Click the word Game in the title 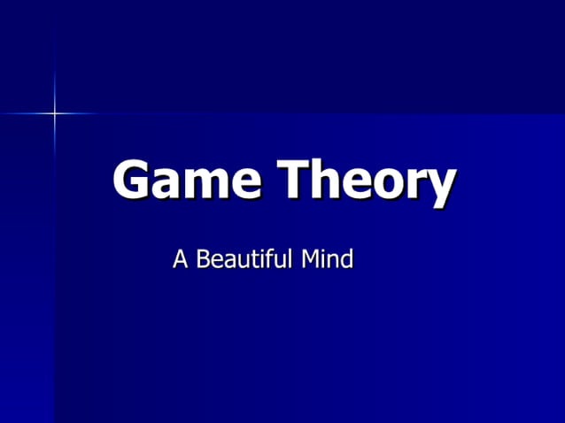point(187,180)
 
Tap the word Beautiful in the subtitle point(244,259)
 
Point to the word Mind point(328,259)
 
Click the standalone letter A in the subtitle point(181,259)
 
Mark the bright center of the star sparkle point(54,113)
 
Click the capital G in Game point(132,180)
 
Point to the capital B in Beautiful point(203,259)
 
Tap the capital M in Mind point(311,259)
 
